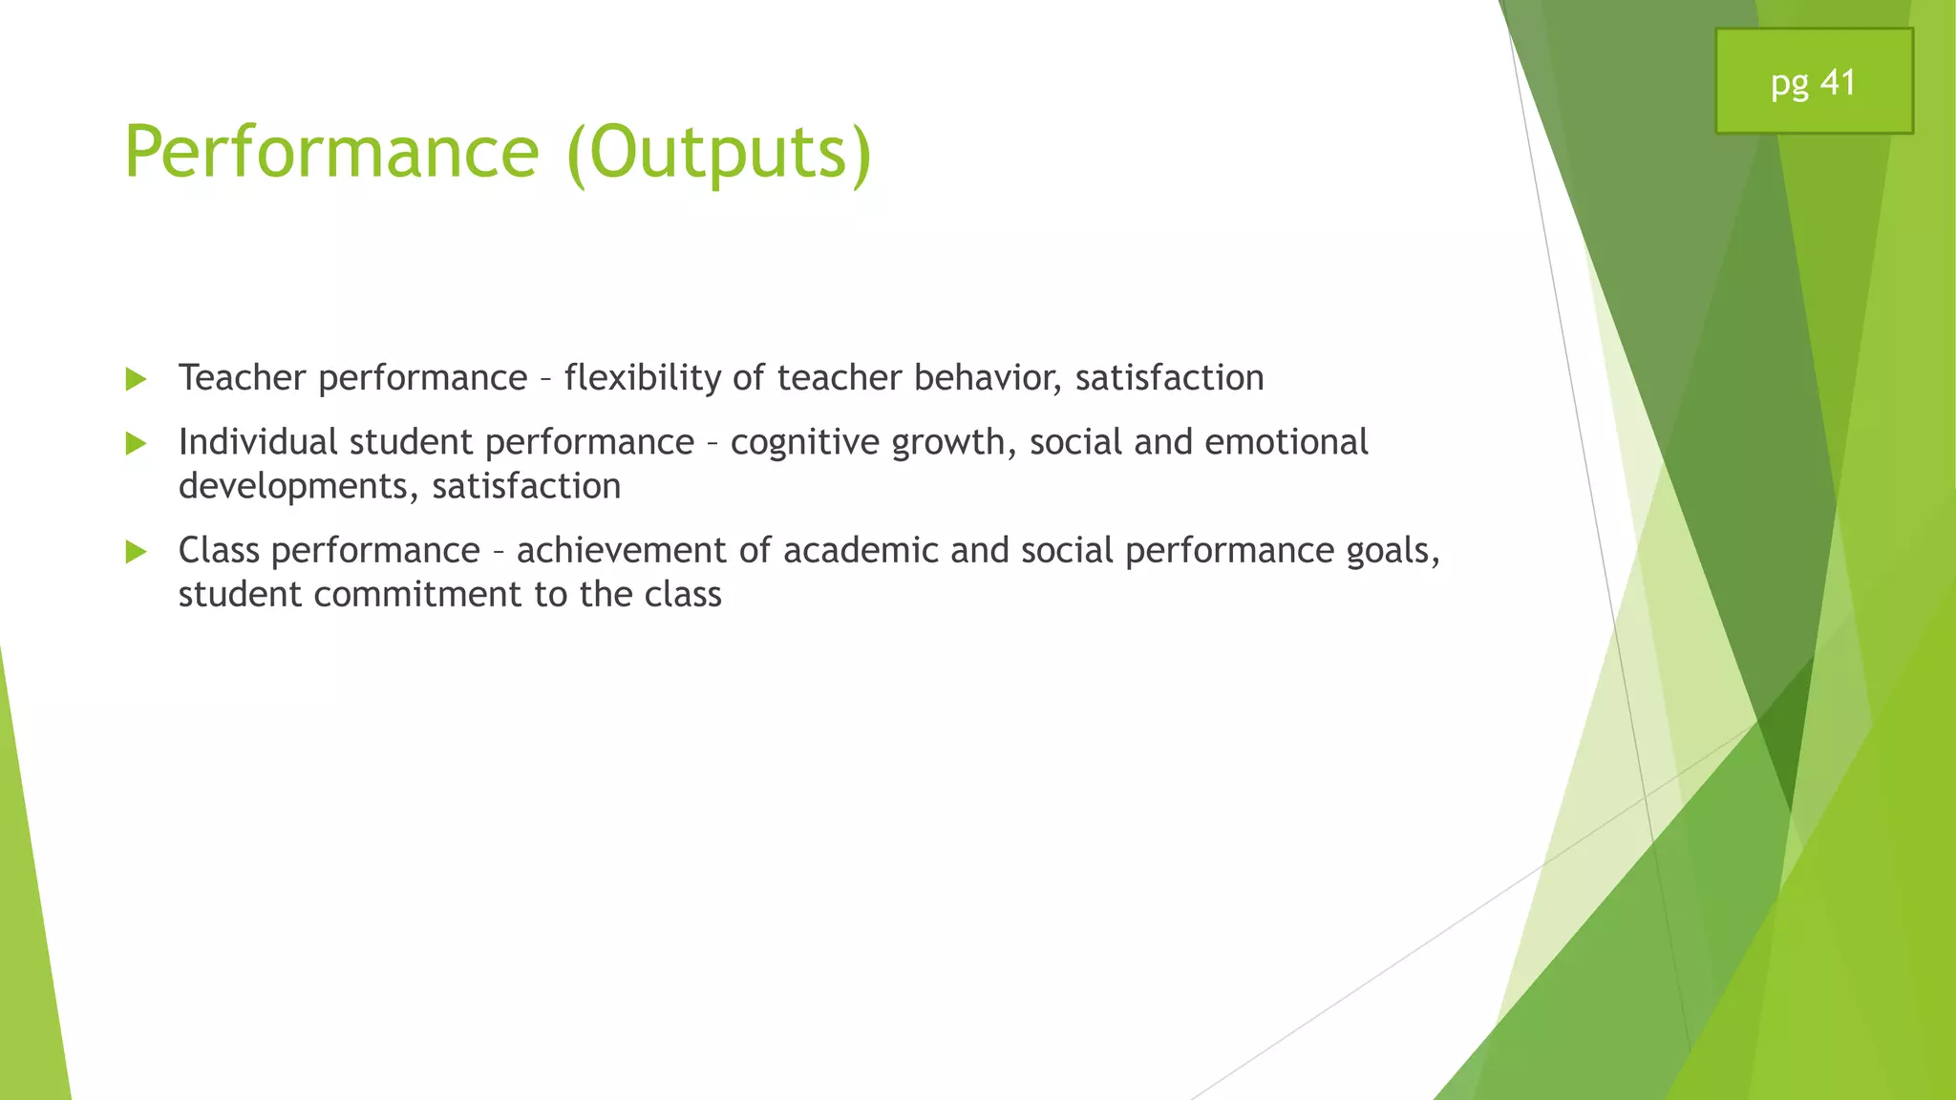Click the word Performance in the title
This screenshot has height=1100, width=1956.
pyautogui.click(x=331, y=152)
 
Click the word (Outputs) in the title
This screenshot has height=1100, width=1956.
pyautogui.click(x=718, y=152)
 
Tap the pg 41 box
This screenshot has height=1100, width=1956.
pyautogui.click(x=1813, y=82)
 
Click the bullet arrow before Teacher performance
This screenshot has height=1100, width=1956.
pyautogui.click(x=136, y=380)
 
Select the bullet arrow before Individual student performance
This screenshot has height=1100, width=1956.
pyautogui.click(x=136, y=444)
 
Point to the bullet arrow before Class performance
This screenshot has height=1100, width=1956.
pyautogui.click(x=136, y=552)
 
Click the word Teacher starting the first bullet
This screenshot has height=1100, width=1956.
pyautogui.click(x=242, y=378)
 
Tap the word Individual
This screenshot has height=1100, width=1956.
pyautogui.click(x=258, y=442)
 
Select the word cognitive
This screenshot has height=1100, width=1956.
pyautogui.click(x=804, y=442)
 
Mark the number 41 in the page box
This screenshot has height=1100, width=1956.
pyautogui.click(x=1838, y=82)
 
